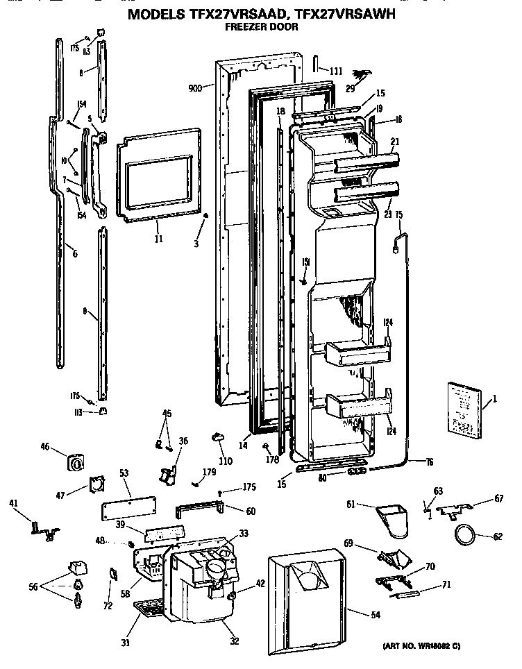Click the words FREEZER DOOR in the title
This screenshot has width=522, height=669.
tap(261, 28)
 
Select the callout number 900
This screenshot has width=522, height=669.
tap(195, 88)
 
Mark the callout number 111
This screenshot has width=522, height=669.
tap(336, 71)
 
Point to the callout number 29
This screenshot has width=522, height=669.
tap(351, 90)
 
